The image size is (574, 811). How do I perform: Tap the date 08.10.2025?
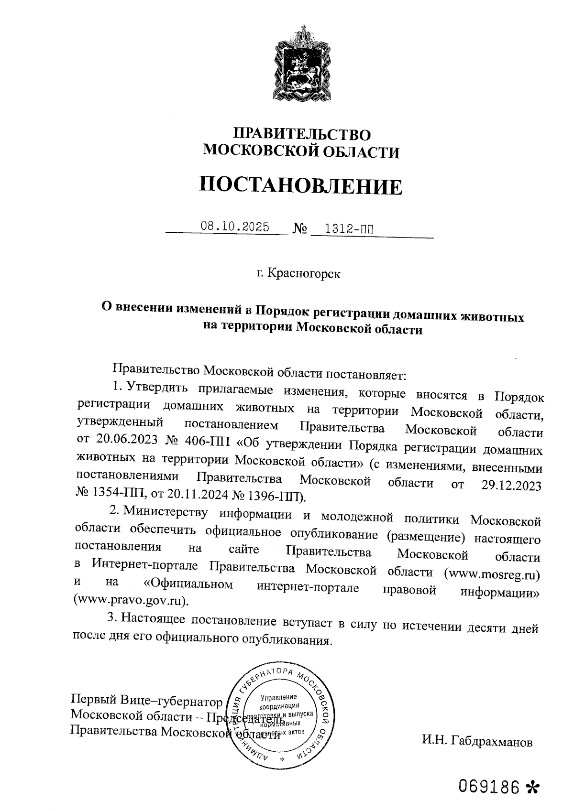pos(235,227)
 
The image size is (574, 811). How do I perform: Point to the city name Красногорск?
pos(304,274)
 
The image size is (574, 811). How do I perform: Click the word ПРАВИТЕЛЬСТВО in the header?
pos(301,134)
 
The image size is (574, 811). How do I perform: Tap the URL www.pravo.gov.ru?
pos(129,598)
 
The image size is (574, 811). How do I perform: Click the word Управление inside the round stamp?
pos(280,698)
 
